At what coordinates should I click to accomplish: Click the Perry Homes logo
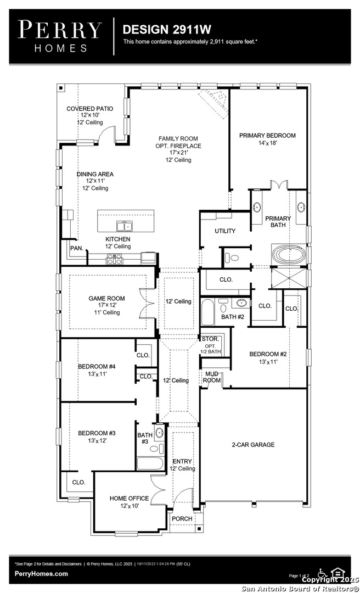coord(60,36)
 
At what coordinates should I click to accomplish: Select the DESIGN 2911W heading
coord(167,29)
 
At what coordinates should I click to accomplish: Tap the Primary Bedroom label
coord(267,136)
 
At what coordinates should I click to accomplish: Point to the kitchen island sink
coord(124,226)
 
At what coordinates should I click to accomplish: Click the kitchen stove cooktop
coord(115,259)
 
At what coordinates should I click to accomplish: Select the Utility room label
coord(225,231)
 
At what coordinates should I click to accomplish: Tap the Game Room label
coord(106,298)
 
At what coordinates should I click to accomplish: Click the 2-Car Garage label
coord(254,445)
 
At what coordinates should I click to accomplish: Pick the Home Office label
coord(130,499)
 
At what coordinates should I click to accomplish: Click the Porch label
coord(182,518)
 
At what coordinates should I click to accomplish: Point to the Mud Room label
coord(212,377)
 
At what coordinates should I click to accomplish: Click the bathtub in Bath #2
coord(207,312)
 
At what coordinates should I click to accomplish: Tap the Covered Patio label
coord(89,109)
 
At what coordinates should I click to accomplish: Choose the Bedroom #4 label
coord(97,366)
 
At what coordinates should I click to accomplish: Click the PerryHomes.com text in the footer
coord(41,574)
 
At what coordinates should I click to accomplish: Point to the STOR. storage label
coord(210,339)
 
